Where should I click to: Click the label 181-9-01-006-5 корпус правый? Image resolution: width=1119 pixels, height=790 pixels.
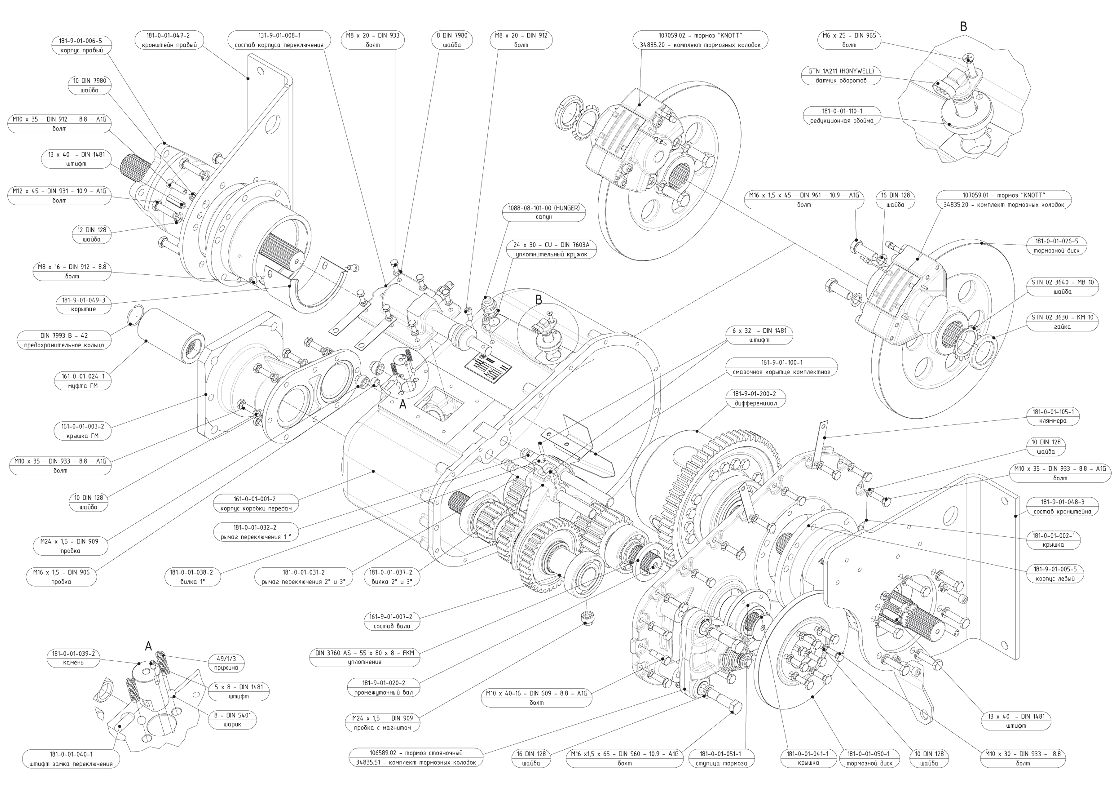tap(81, 45)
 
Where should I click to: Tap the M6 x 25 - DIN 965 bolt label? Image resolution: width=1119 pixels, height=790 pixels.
tap(849, 40)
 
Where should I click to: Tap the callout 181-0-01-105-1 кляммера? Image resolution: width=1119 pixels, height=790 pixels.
tap(1053, 416)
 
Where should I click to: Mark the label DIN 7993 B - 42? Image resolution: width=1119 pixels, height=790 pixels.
tap(64, 340)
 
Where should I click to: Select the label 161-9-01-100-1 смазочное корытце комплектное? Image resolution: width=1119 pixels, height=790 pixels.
tap(781, 367)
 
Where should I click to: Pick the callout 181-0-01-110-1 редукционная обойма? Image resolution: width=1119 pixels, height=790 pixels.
tap(842, 116)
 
